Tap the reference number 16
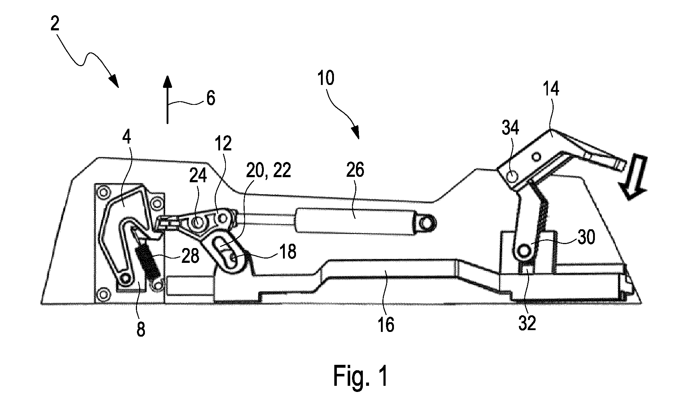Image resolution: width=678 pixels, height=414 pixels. [x=386, y=325]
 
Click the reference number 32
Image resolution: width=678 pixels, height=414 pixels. [x=527, y=323]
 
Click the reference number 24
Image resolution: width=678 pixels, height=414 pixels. [x=198, y=176]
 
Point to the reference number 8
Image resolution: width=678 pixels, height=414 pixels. [x=141, y=329]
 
